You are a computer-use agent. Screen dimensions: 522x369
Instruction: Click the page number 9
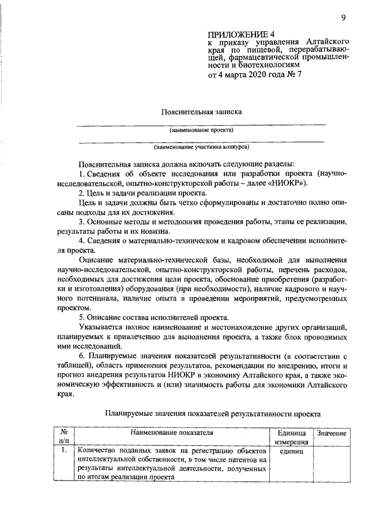click(x=342, y=18)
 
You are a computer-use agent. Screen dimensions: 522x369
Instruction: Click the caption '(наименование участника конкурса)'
click(x=201, y=147)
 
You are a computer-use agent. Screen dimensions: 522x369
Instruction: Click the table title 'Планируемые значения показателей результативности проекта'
click(x=212, y=414)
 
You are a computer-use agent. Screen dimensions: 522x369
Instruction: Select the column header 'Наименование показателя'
click(x=172, y=432)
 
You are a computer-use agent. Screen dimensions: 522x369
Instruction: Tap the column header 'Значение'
click(x=330, y=433)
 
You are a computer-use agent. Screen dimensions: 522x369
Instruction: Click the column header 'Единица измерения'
click(x=291, y=437)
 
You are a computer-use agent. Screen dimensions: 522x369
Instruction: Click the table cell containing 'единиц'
click(x=291, y=450)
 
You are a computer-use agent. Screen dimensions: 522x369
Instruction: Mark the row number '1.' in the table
click(x=64, y=450)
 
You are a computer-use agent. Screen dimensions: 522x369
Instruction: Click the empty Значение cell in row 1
click(x=330, y=464)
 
